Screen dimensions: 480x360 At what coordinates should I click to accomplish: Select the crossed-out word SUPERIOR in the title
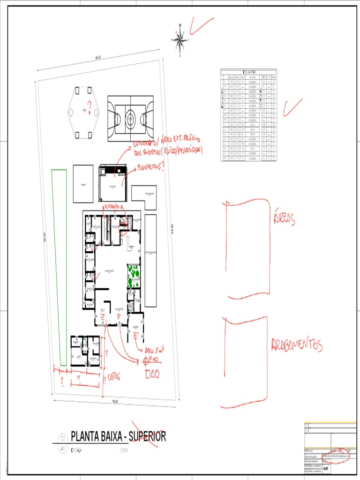click(x=147, y=436)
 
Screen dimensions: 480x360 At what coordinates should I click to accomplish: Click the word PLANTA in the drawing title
click(x=89, y=436)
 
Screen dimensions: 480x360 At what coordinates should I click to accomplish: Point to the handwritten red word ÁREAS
click(x=284, y=219)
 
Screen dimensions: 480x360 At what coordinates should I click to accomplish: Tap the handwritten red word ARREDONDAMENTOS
click(x=297, y=345)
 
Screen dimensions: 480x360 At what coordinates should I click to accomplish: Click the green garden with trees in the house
click(x=134, y=276)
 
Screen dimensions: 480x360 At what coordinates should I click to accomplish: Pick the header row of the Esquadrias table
click(x=248, y=71)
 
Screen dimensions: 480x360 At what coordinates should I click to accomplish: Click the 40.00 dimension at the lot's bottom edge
click(x=115, y=402)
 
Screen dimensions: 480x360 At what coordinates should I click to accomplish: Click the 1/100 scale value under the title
click(x=123, y=450)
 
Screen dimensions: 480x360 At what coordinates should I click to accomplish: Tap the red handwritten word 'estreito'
click(x=111, y=206)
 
